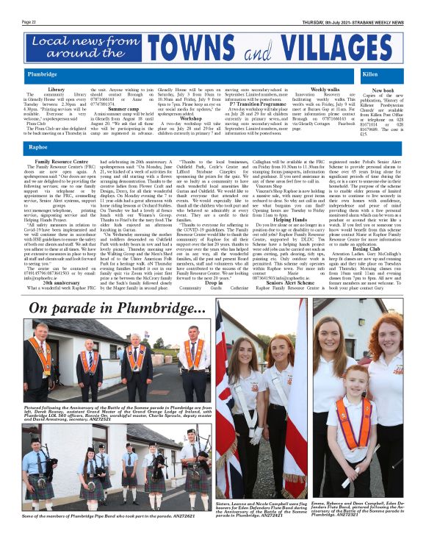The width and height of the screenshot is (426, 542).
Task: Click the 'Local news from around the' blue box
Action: pos(84,48)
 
